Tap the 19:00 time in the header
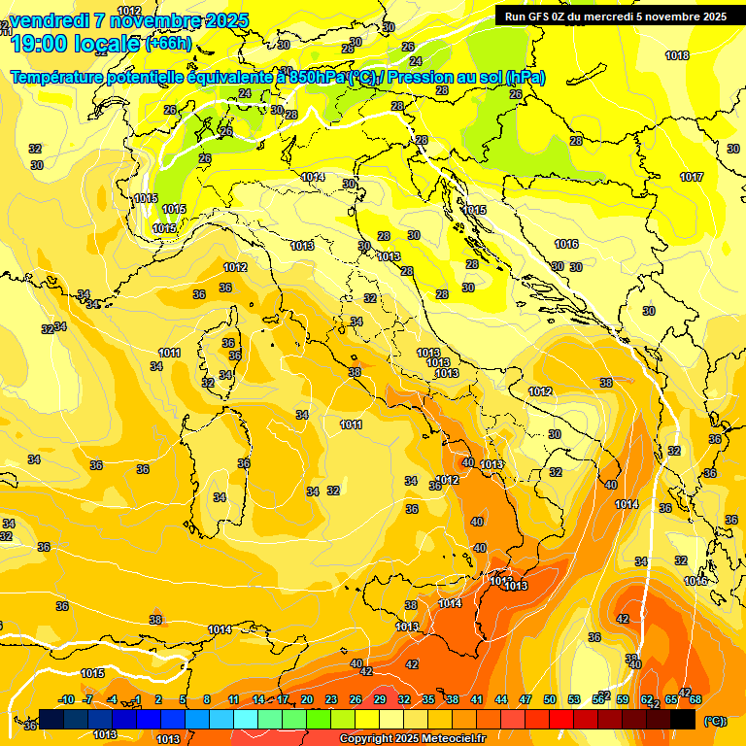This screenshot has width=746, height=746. (41, 43)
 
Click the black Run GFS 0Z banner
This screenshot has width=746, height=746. (615, 17)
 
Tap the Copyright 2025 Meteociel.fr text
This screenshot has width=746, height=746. (412, 739)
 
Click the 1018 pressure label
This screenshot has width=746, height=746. (677, 55)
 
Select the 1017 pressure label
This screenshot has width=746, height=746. (692, 177)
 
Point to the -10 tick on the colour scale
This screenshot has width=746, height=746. (66, 699)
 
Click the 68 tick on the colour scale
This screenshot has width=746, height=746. (695, 699)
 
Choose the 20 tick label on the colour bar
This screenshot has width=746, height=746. (307, 699)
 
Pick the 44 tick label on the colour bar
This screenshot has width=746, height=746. (501, 699)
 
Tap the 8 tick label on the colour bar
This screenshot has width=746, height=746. (207, 699)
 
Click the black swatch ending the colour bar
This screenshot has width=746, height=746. (683, 719)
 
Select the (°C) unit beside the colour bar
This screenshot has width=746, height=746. (714, 721)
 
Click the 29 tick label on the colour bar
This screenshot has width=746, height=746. (380, 699)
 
